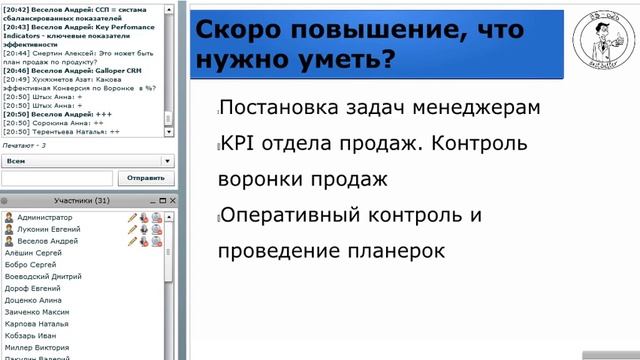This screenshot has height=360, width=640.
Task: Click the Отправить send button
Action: click(x=146, y=178)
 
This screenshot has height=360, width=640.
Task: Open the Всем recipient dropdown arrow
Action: click(x=167, y=160)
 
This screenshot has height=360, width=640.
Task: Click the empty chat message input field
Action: click(x=58, y=178)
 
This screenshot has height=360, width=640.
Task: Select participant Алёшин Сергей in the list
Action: click(x=34, y=253)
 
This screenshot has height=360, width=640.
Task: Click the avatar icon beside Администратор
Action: click(x=9, y=217)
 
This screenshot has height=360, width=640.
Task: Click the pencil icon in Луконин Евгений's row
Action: click(x=132, y=229)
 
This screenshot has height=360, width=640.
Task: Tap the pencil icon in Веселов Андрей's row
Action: click(x=132, y=241)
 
